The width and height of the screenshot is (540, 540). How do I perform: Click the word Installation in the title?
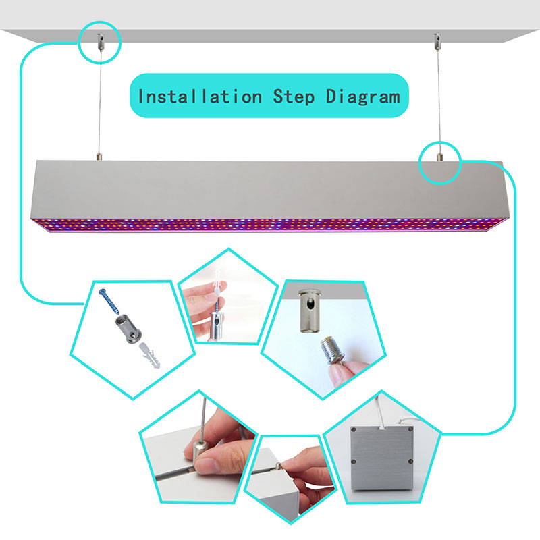click(200, 96)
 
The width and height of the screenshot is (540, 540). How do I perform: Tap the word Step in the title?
click(294, 97)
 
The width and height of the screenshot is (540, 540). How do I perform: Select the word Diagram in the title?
click(363, 97)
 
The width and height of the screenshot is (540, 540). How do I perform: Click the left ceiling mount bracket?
click(101, 41)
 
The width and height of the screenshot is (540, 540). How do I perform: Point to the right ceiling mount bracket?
click(437, 41)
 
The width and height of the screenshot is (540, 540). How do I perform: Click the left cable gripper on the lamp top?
click(99, 157)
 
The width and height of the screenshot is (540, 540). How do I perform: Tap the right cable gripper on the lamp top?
click(439, 157)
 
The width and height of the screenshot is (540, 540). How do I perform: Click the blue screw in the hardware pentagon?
click(109, 301)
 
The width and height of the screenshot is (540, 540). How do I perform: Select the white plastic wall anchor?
click(149, 356)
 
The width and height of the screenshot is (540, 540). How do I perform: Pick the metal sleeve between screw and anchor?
click(128, 329)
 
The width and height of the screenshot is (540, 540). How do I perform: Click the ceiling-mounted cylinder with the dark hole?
click(310, 310)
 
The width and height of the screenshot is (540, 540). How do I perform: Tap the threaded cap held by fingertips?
click(332, 350)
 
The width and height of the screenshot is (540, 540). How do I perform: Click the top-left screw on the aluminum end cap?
click(353, 429)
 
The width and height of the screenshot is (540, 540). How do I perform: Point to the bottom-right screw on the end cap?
click(410, 462)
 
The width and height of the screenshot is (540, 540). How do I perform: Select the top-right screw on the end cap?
click(410, 429)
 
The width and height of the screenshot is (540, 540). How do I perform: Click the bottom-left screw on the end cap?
click(353, 462)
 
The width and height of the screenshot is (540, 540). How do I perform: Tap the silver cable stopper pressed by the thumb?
click(199, 451)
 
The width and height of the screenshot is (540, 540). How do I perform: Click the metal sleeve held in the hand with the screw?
click(217, 325)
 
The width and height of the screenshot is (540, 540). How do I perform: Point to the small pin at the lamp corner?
click(279, 466)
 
